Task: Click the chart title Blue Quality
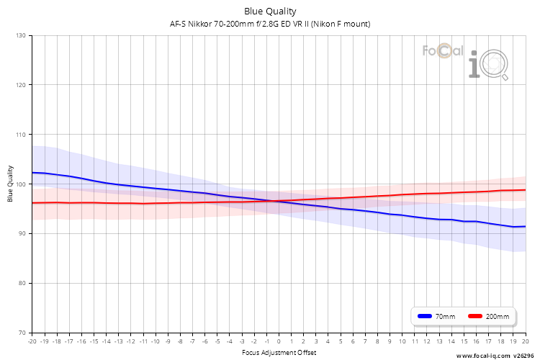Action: pyautogui.click(x=270, y=12)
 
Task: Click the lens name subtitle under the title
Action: pyautogui.click(x=270, y=24)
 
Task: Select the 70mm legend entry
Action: pyautogui.click(x=436, y=316)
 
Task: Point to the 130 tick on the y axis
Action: pyautogui.click(x=21, y=35)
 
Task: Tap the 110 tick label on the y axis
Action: pyautogui.click(x=21, y=135)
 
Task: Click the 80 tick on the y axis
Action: pyautogui.click(x=22, y=283)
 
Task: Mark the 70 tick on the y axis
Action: pyautogui.click(x=22, y=333)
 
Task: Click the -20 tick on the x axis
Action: pyautogui.click(x=32, y=341)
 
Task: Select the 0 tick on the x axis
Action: pyautogui.click(x=279, y=341)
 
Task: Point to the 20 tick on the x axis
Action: pyautogui.click(x=526, y=341)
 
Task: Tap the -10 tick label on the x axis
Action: pyautogui.click(x=156, y=341)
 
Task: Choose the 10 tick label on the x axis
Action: pyautogui.click(x=402, y=341)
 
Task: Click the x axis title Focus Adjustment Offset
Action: pyautogui.click(x=279, y=352)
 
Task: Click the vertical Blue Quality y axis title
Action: pyautogui.click(x=10, y=184)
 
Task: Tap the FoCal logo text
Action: pyautogui.click(x=443, y=51)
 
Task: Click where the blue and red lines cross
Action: pyautogui.click(x=274, y=201)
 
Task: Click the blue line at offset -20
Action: pyautogui.click(x=32, y=173)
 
